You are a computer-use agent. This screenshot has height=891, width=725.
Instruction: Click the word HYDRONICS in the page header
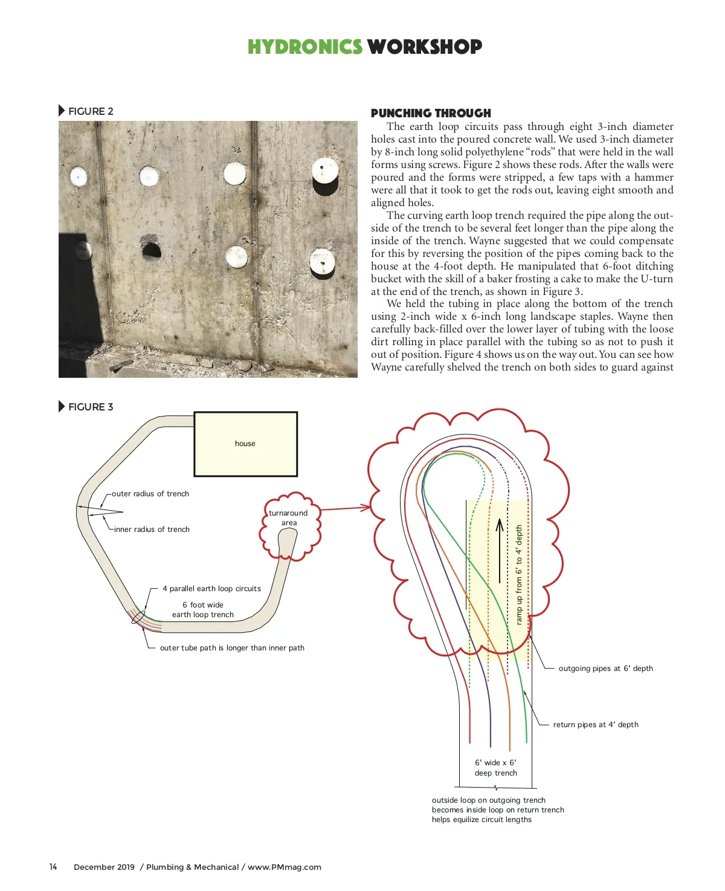coord(304,47)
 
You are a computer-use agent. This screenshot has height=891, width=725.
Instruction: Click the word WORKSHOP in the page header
coord(424,47)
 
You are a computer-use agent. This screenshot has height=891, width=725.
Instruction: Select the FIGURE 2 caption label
coord(90,111)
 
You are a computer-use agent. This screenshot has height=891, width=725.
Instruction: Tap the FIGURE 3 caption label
coord(90,407)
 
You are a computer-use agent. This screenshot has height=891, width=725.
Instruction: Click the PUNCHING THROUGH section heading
coord(431,113)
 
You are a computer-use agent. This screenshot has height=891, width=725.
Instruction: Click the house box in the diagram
coord(245,444)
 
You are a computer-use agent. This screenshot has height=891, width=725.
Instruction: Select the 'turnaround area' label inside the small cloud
coord(289,518)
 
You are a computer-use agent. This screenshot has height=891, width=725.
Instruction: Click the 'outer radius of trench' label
coord(150,494)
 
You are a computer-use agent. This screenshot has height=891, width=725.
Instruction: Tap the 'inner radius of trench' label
coord(152,530)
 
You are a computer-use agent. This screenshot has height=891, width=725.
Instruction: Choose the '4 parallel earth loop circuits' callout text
coord(211,589)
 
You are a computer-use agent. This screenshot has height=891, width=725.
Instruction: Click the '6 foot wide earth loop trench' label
coord(203,610)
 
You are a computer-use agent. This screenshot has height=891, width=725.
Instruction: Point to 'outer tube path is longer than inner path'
coord(232,648)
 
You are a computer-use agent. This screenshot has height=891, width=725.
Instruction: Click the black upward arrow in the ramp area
coord(500,550)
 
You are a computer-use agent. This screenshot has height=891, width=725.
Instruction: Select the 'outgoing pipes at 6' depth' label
coord(605,669)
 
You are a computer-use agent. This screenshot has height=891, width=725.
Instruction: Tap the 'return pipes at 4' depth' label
coord(596,725)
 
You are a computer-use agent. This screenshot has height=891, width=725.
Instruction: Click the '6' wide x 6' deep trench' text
coord(496,768)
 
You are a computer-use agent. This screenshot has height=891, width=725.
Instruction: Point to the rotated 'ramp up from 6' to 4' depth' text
coord(519,574)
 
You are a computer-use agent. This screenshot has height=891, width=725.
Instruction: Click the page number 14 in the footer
coord(53,867)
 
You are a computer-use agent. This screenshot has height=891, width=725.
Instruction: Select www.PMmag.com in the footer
coord(285,867)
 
